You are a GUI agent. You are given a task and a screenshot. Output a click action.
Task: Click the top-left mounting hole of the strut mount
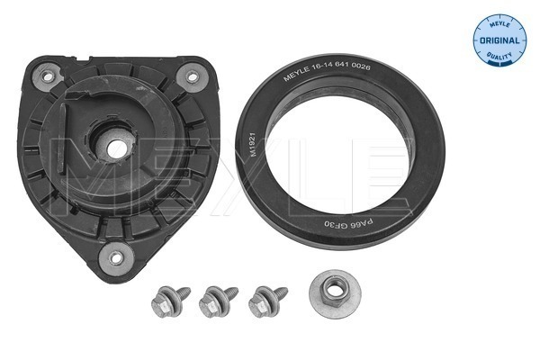tap(48, 76)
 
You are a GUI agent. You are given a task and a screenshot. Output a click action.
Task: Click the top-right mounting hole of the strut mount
tap(192, 76)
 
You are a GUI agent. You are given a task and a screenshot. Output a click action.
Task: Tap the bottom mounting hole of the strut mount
tap(116, 258)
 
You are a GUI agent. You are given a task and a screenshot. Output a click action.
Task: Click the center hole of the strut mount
tap(116, 149)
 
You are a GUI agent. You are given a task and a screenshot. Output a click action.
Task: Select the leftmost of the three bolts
tap(170, 301)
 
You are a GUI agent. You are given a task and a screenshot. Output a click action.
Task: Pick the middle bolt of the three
tap(219, 301)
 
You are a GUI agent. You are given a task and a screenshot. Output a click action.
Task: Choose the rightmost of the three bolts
tap(267, 301)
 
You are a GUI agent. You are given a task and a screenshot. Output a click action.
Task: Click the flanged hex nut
tap(335, 294)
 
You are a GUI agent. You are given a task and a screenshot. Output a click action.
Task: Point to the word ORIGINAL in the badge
tap(499, 40)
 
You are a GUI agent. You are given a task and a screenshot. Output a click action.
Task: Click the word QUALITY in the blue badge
tap(499, 55)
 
